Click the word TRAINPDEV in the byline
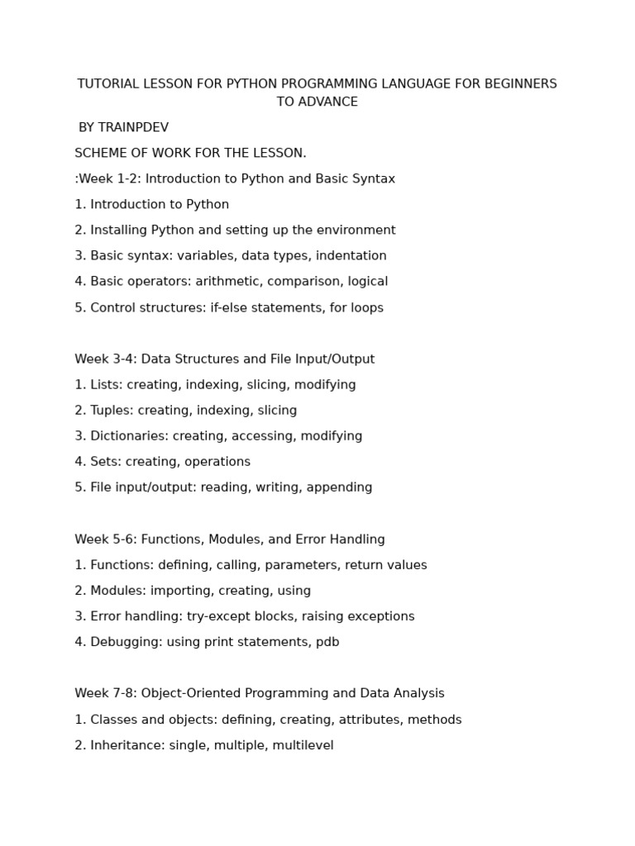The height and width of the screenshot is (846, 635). (x=134, y=127)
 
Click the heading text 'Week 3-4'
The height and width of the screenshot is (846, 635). (x=105, y=359)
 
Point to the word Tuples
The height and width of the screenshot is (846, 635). (x=111, y=411)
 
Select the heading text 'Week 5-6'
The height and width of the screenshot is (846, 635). (x=105, y=539)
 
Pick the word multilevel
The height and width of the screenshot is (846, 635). (x=304, y=745)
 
